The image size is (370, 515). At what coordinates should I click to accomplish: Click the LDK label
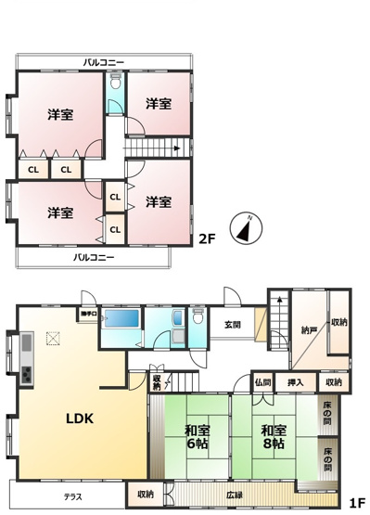(79, 418)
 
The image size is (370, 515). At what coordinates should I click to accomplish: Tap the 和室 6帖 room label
(196, 436)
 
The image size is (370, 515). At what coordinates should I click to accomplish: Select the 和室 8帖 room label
(273, 436)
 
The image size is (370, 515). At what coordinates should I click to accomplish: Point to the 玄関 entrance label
(232, 325)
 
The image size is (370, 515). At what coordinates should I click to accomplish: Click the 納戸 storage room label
(309, 328)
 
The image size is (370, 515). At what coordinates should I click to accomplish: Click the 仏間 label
(262, 382)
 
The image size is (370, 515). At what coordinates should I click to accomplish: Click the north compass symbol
(246, 226)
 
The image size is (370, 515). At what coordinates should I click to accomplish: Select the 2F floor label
(207, 238)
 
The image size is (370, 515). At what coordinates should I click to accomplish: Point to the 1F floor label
(356, 502)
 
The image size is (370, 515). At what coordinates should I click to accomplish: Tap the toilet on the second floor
(115, 83)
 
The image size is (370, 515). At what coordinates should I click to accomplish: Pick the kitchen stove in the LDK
(26, 375)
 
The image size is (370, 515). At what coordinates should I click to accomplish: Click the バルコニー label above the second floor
(104, 62)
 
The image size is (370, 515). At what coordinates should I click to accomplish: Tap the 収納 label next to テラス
(145, 495)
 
